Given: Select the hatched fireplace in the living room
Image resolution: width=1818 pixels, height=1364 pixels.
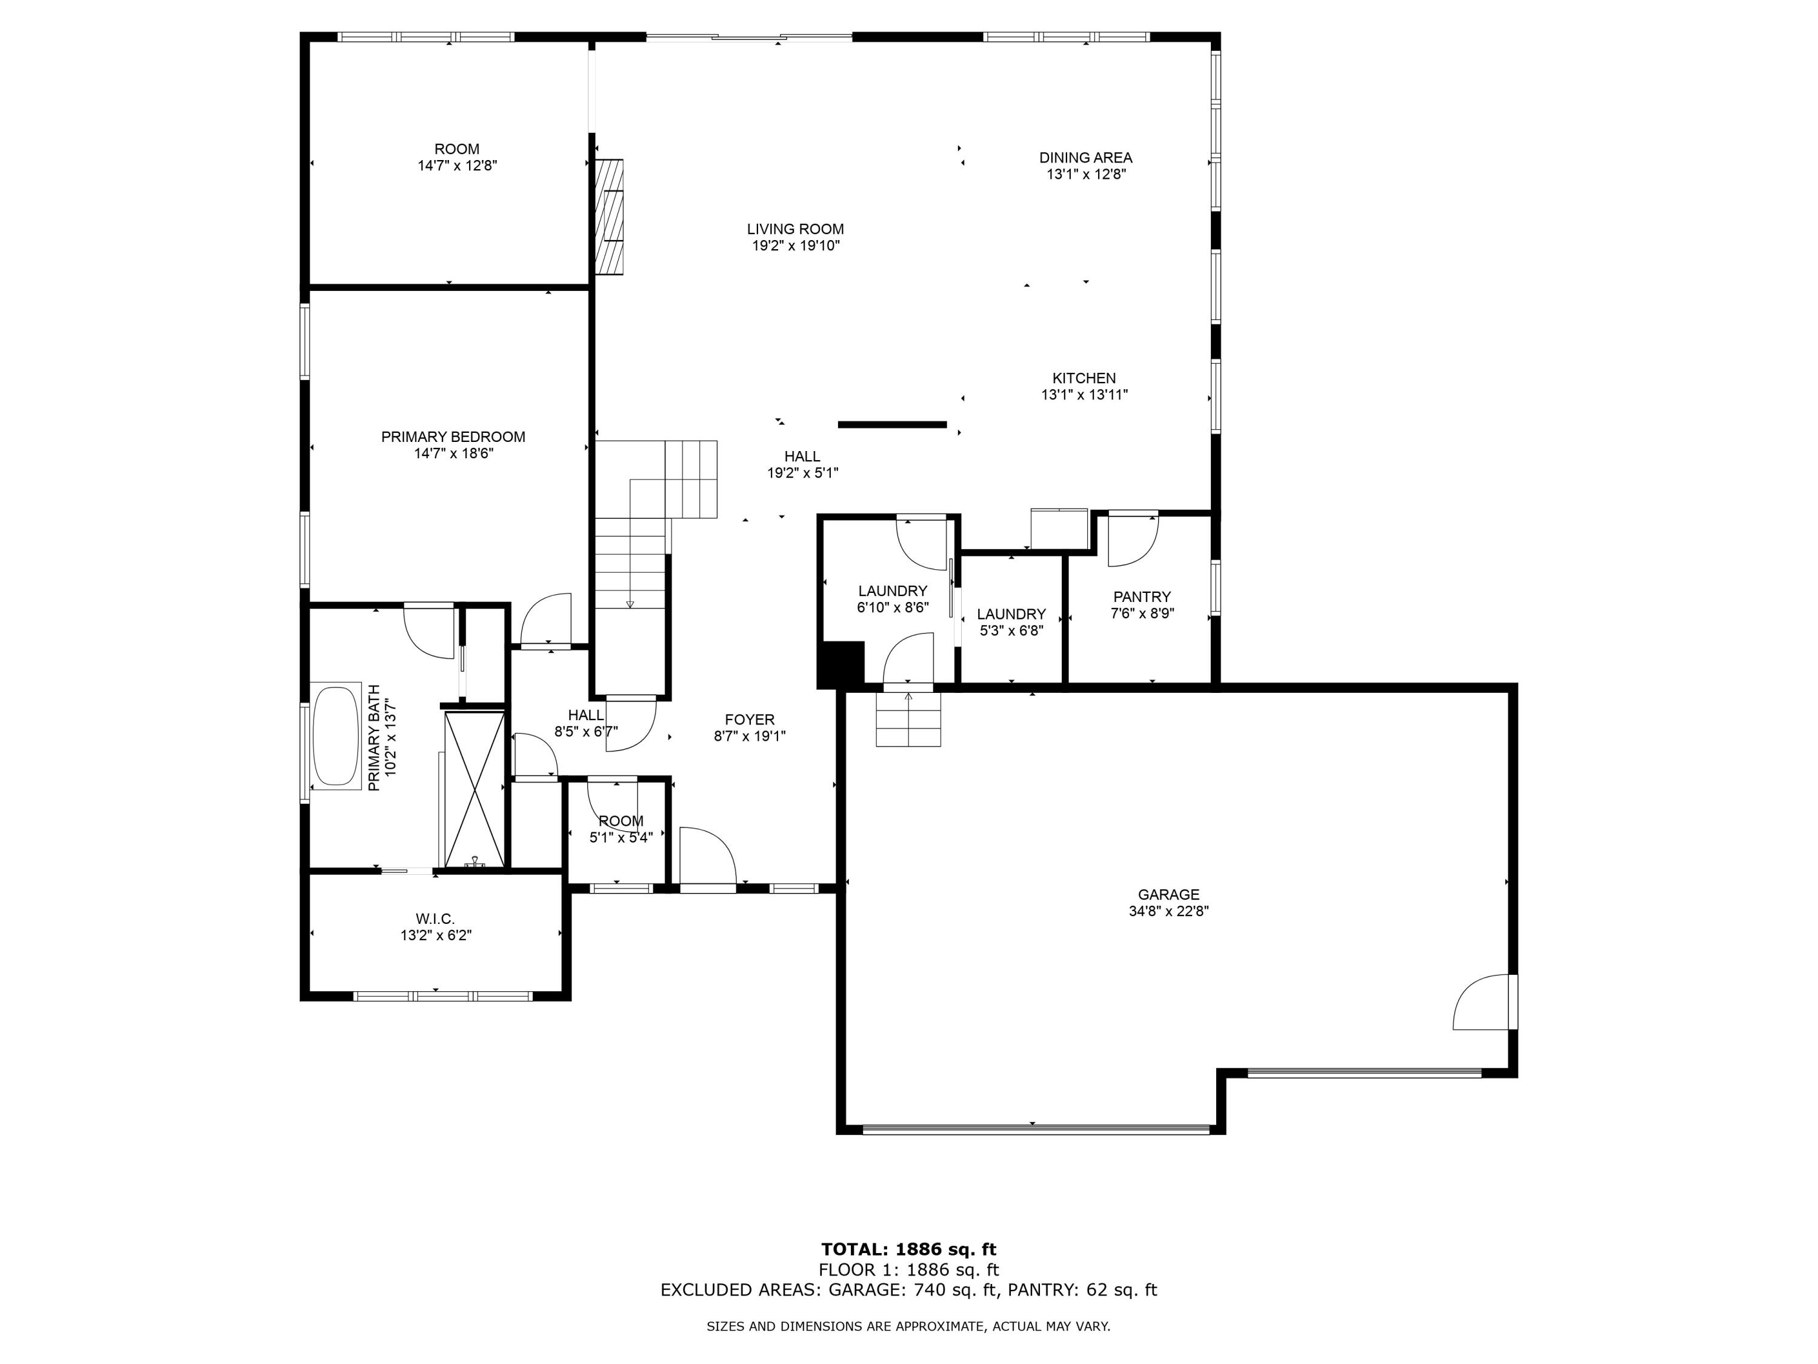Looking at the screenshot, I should coord(609,217).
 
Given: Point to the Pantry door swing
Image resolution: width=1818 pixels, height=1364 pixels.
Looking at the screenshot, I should coord(1132,540).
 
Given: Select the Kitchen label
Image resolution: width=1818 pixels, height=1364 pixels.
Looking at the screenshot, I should coord(1084,378).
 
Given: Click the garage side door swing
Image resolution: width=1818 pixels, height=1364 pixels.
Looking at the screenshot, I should coord(1483,1002).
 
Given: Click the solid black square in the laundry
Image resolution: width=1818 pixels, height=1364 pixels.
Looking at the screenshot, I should coord(840,663).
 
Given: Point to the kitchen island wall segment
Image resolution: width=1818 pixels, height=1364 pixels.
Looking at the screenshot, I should coord(892,425).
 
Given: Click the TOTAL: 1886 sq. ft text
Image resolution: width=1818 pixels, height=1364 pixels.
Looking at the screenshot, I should coord(908,1249).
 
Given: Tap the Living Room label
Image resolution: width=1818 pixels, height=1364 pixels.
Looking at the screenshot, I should coord(794,229).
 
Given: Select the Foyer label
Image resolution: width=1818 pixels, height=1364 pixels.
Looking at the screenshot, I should coord(749,720).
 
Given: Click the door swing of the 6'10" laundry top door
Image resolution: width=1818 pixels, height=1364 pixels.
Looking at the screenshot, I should coord(922,543).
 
